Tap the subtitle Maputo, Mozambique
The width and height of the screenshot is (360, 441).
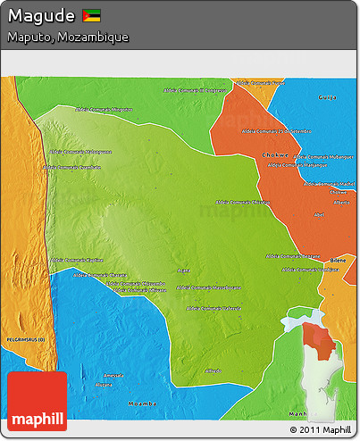pyautogui.click(x=68, y=37)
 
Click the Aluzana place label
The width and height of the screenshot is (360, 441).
pyautogui.click(x=105, y=385)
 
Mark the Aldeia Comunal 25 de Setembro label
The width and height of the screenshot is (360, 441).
pyautogui.click(x=280, y=131)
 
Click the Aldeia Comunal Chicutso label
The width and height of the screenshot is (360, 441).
pyautogui.click(x=244, y=203)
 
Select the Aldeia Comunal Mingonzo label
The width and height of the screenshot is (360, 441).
pyautogui.click(x=110, y=110)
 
